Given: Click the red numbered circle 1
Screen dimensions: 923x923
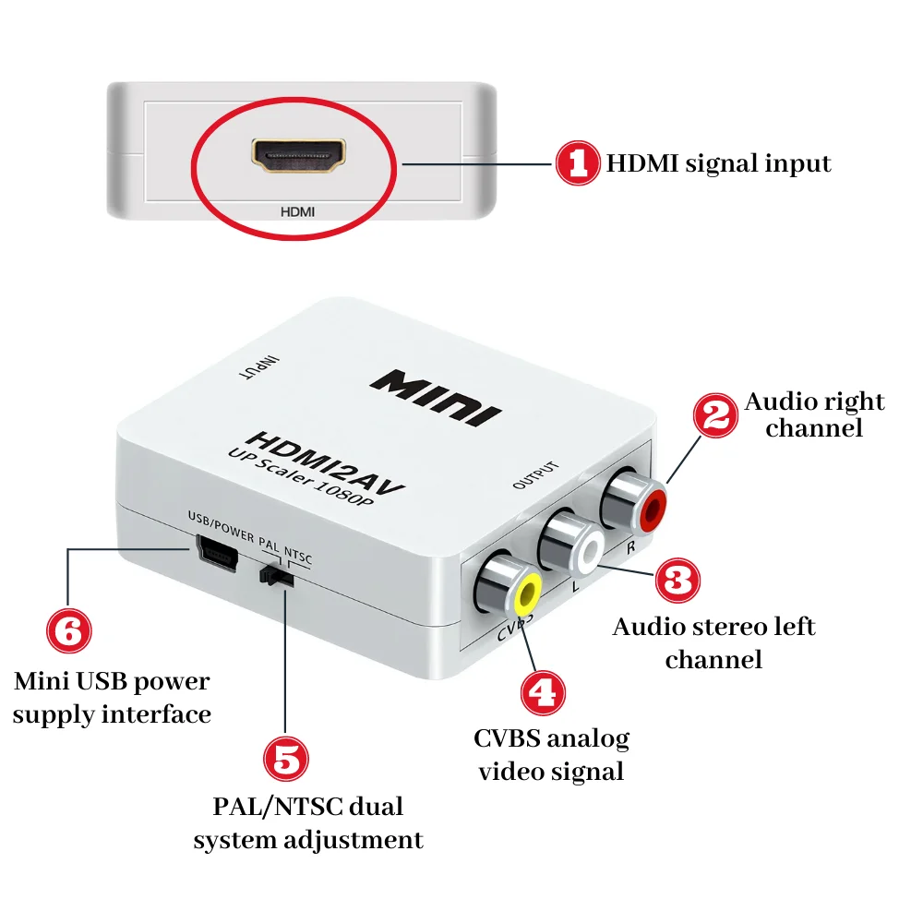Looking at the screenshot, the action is [579, 164].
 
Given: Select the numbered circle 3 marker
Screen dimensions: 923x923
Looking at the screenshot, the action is [677, 581].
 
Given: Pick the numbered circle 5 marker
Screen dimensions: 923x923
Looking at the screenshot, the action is [286, 759].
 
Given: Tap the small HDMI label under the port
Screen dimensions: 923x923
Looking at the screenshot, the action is [297, 211].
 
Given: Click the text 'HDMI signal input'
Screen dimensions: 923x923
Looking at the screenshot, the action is [718, 164].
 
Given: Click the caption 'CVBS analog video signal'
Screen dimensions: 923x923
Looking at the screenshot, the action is [552, 755].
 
